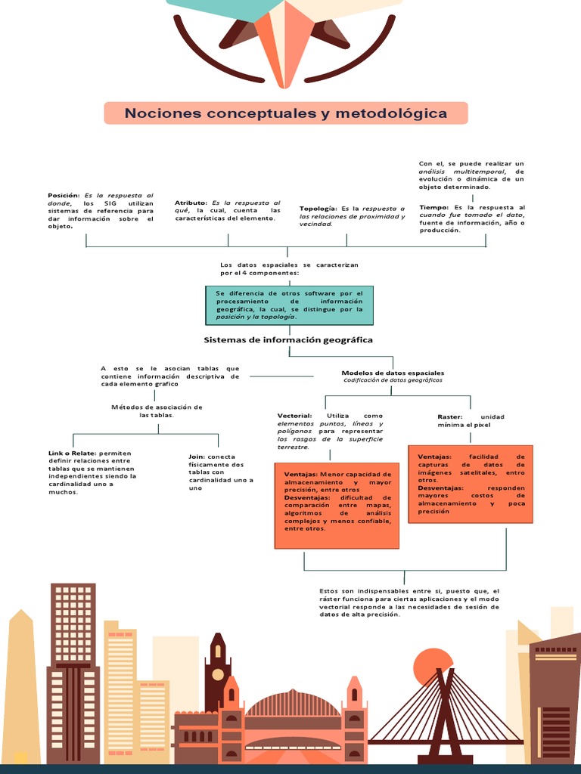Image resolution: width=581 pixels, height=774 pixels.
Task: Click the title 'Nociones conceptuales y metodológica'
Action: (286, 113)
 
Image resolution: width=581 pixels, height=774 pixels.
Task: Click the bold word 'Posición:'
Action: (64, 195)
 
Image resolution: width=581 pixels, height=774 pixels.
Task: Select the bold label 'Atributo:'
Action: (191, 203)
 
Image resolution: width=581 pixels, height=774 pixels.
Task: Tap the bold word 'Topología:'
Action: (318, 208)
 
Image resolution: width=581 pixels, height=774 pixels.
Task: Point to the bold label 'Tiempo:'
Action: (434, 207)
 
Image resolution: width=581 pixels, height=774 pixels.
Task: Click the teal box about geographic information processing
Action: (289, 305)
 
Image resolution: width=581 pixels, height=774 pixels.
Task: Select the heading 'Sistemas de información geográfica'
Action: (288, 340)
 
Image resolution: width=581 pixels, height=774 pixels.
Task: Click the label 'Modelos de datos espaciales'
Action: (393, 373)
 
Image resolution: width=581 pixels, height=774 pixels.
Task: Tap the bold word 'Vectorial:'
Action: (294, 416)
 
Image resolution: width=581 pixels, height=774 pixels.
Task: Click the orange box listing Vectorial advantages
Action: (337, 505)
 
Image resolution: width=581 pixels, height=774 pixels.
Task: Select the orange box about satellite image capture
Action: (471, 484)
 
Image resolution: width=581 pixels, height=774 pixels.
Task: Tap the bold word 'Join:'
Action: (197, 457)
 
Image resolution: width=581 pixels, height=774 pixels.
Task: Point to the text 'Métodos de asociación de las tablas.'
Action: (157, 410)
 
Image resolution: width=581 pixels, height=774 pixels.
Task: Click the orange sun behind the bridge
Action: (433, 666)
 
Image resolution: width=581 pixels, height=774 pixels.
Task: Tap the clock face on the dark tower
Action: (218, 673)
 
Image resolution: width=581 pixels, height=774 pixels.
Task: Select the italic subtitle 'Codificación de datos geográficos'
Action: (393, 381)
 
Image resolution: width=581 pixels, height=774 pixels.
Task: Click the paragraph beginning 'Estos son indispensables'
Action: (409, 602)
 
